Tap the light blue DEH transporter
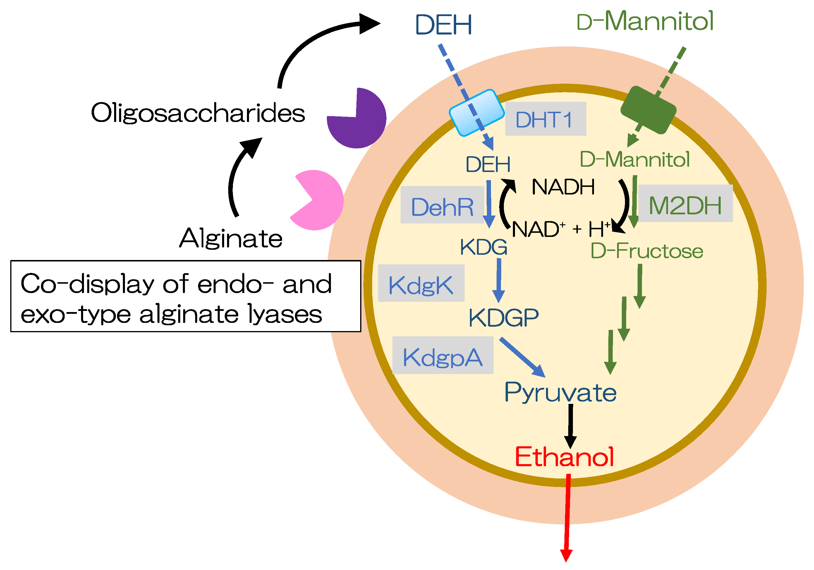point(476,113)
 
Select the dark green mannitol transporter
point(648,110)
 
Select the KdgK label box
point(421,283)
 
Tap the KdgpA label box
point(442,355)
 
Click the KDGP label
point(504,317)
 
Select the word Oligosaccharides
point(198,113)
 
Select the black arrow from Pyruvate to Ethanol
point(571,425)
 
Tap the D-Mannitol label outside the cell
point(645,21)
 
